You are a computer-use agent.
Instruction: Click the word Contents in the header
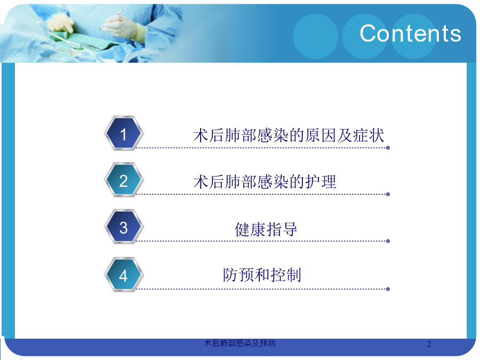coord(410,34)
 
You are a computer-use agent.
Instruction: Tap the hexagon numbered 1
coord(123,133)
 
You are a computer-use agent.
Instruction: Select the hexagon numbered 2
coord(123,180)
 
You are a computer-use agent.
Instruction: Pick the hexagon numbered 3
coord(123,227)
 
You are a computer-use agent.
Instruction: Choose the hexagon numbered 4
coord(123,275)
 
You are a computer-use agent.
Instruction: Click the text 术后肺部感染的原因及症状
coord(289,135)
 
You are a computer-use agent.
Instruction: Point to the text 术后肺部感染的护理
coord(265,182)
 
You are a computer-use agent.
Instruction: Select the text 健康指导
coord(266,229)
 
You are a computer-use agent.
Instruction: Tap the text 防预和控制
coord(262,275)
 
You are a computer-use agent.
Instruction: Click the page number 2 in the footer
coord(429,344)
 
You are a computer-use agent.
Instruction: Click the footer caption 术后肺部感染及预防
coord(239,343)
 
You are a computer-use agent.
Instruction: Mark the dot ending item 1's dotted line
coord(388,148)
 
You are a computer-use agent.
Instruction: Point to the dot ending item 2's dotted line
coord(388,194)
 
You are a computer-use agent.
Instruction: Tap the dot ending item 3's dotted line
coord(388,241)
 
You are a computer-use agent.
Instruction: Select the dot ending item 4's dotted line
coord(388,289)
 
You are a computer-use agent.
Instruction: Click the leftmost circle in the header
coord(316,36)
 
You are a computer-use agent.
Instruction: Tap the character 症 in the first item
coord(361,135)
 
